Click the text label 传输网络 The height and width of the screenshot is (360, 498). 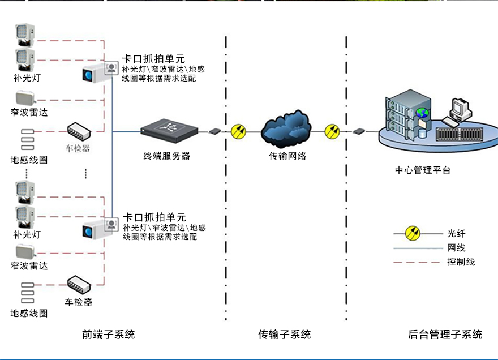(287, 156)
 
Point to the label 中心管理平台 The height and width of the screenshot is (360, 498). (423, 170)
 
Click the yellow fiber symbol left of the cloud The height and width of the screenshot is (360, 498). (239, 132)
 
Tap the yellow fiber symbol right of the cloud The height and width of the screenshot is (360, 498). (332, 132)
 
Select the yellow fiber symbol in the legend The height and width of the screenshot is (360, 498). (413, 233)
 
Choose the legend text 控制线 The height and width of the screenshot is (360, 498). (461, 262)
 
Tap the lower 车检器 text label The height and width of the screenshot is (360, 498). (79, 302)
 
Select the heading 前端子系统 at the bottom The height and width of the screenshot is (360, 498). (109, 335)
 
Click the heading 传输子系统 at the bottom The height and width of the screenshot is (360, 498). (285, 335)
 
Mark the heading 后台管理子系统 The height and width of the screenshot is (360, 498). (445, 335)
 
